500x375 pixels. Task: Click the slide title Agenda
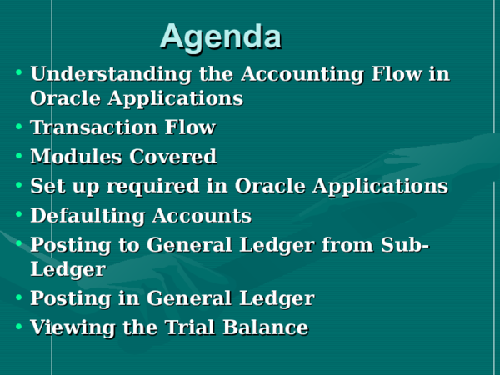pos(220,36)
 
